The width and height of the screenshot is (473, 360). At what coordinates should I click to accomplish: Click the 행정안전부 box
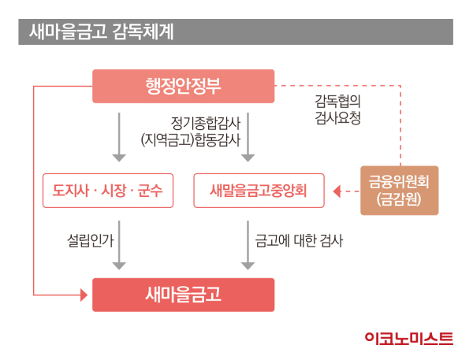[x=184, y=86]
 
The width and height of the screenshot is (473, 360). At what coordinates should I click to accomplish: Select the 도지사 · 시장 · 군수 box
[x=108, y=191]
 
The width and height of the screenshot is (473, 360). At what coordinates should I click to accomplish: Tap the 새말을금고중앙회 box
[x=259, y=191]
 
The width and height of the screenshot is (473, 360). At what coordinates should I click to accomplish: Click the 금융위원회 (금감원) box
[x=400, y=191]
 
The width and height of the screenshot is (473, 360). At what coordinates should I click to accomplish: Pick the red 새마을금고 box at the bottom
[x=184, y=295]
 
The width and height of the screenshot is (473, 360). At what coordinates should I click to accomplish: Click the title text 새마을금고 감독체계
[x=102, y=32]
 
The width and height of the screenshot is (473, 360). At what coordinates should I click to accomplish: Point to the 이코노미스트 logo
[x=408, y=338]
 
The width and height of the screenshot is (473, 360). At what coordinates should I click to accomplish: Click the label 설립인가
[x=90, y=240]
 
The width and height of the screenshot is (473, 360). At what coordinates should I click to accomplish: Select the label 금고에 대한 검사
[x=299, y=240]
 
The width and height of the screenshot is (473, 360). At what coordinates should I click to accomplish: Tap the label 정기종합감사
[x=206, y=123]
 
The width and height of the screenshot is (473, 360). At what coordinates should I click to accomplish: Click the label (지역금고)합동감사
[x=191, y=140]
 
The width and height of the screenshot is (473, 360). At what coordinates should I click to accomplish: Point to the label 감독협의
[x=338, y=101]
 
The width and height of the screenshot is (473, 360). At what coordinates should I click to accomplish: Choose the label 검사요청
[x=338, y=117]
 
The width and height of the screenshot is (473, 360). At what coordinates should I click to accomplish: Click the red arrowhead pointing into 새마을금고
[x=84, y=295]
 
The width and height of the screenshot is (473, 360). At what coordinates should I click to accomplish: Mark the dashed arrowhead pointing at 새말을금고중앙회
[x=337, y=191]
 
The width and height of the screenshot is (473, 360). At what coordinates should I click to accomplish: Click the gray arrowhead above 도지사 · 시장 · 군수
[x=119, y=158]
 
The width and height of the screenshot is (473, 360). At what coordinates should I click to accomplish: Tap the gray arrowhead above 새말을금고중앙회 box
[x=248, y=158]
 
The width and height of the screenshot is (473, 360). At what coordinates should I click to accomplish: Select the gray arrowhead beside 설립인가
[x=119, y=266]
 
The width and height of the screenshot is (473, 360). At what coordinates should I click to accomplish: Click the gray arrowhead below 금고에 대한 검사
[x=248, y=266]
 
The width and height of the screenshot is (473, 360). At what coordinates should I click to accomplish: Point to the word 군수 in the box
[x=150, y=191]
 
